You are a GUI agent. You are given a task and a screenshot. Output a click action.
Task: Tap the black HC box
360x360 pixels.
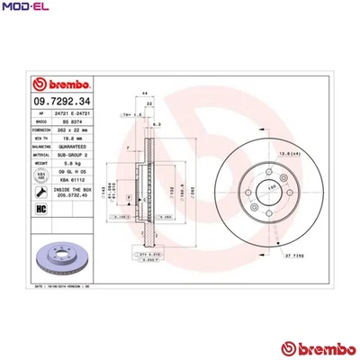tap(40, 208)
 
